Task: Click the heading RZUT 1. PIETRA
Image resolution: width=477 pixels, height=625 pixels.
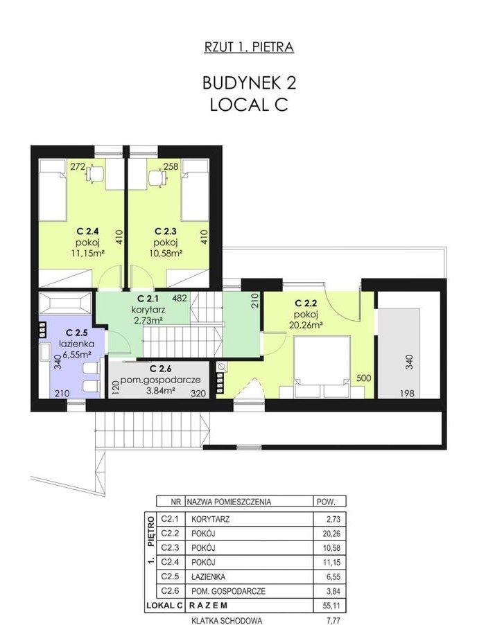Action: coord(249,47)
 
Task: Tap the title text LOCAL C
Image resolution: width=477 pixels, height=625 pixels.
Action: coord(249,105)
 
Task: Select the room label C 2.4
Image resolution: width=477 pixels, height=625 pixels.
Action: coord(88,231)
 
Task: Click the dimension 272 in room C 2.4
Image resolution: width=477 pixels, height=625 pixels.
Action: coord(78,166)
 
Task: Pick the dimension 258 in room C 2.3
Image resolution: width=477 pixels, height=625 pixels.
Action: coord(171,166)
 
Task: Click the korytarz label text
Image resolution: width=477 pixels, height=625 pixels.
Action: coord(148,309)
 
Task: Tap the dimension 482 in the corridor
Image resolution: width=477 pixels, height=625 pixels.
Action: coord(180,298)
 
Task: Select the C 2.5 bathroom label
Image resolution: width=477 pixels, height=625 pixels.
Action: coord(76,333)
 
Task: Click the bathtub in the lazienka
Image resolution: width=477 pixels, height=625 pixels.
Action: coord(66,303)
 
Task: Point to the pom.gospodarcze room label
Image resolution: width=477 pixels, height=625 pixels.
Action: coord(160,380)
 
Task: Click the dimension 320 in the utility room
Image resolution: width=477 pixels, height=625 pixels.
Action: coord(198,394)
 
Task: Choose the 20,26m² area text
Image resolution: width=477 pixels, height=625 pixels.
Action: coord(306,325)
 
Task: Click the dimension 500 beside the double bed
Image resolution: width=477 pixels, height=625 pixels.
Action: coord(363,378)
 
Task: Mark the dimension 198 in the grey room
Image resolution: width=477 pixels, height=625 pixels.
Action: coord(407,394)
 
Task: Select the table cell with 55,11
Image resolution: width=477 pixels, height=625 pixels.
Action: coord(331,606)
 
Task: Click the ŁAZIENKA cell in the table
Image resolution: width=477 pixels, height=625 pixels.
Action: coord(208,576)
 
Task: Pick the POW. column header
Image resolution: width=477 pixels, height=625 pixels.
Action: coord(325,502)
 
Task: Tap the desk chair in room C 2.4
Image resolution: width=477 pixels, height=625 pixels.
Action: coord(94,174)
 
